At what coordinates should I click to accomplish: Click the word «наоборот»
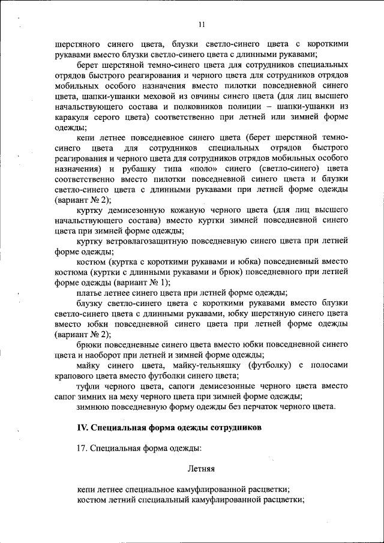point(97,355)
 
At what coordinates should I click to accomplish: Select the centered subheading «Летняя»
point(202,467)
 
